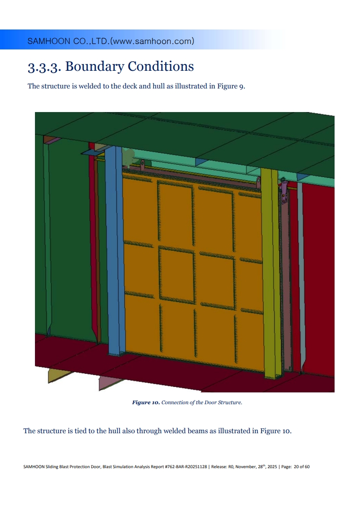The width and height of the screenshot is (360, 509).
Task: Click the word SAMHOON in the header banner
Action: coord(49,41)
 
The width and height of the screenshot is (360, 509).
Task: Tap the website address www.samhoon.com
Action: coord(152,41)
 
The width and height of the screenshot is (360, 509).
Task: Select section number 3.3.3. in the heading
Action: coord(44,67)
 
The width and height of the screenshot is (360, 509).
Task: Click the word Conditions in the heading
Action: coord(161,66)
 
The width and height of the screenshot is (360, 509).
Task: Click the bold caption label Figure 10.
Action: coord(146,402)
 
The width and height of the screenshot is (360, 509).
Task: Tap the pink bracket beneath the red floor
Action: coord(109,382)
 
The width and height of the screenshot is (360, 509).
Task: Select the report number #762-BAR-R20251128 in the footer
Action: coord(186,467)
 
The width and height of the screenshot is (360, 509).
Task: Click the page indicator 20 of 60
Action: coord(301,467)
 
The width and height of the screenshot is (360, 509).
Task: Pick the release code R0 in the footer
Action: coord(231,467)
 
